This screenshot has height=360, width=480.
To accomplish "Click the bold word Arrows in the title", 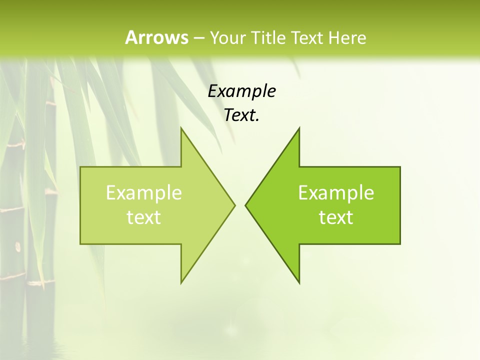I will (156, 37).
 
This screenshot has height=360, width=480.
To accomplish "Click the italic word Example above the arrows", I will (241, 91).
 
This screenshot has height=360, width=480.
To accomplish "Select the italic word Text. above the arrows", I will (241, 115).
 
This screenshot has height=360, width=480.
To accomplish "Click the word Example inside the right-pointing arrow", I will (143, 193).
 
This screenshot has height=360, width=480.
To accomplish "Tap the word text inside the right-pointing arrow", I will (143, 217).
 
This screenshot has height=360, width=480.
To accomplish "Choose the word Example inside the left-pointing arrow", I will (336, 193).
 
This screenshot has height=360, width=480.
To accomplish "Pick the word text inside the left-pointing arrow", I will (336, 217).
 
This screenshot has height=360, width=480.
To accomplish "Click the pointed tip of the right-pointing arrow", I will (234, 205).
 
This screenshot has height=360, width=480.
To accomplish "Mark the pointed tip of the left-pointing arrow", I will (245, 205).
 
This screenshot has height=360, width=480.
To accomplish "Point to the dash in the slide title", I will (198, 38).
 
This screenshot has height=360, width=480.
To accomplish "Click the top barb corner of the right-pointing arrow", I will (181, 128).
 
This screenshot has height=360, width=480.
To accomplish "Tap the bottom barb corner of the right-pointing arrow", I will (181, 282).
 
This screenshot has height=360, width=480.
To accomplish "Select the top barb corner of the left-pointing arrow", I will (299, 128).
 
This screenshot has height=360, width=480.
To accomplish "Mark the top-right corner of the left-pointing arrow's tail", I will (400, 167).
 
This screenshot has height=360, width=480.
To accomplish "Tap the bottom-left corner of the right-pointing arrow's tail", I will (80, 243).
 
